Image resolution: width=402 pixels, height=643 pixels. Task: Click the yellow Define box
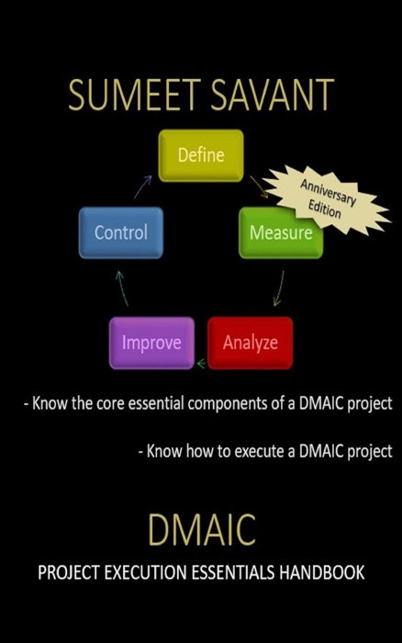pyautogui.click(x=200, y=155)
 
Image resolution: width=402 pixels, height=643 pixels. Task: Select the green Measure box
pyautogui.click(x=280, y=232)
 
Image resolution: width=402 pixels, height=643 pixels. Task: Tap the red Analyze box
pyautogui.click(x=250, y=344)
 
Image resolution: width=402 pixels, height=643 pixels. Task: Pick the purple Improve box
pyautogui.click(x=151, y=344)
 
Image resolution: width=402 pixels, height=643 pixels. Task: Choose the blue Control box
pyautogui.click(x=121, y=232)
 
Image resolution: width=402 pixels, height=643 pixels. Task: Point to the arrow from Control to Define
pyautogui.click(x=142, y=187)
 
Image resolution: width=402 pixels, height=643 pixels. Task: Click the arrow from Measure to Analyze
pyautogui.click(x=277, y=289)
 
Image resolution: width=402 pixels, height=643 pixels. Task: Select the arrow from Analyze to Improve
pyautogui.click(x=201, y=364)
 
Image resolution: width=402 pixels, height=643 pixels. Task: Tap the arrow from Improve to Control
pyautogui.click(x=121, y=288)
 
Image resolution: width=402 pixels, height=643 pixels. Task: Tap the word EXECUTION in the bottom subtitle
pyautogui.click(x=148, y=573)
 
